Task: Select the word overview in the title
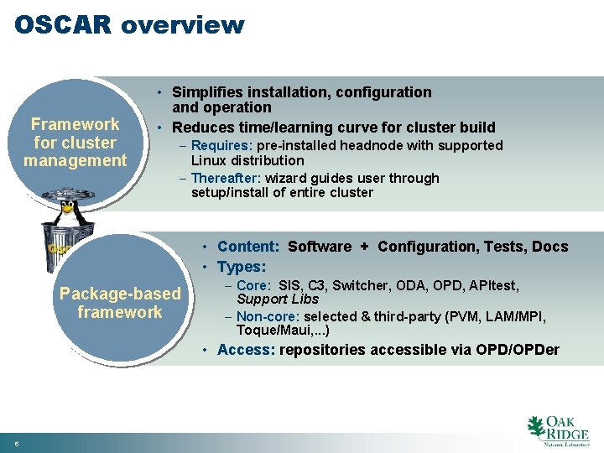(x=182, y=24)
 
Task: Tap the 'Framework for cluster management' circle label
(x=75, y=143)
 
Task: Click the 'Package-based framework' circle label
(x=119, y=303)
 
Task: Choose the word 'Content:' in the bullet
(x=248, y=247)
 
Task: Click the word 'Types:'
(x=242, y=267)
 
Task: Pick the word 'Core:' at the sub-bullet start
(x=254, y=286)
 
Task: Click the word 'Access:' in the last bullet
(x=246, y=350)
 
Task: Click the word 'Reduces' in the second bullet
(x=202, y=128)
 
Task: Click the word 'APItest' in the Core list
(x=492, y=286)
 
